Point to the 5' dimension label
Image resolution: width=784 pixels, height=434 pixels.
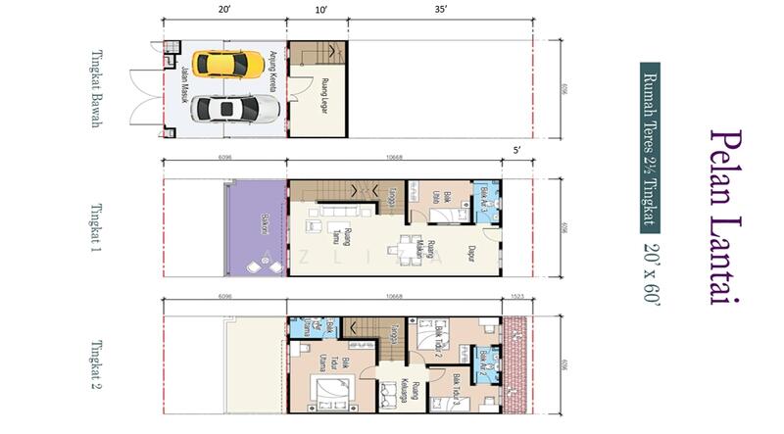pos(516,153)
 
